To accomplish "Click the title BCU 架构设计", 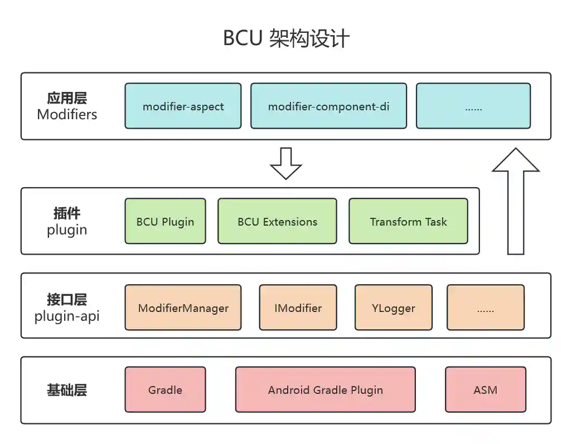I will click(286, 38).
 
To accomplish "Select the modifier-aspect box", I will click(183, 106).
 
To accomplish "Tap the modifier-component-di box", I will click(328, 106).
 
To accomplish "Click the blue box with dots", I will click(473, 106).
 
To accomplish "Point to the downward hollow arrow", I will click(285, 163).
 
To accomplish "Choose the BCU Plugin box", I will click(165, 221).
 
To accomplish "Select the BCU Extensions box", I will click(277, 221).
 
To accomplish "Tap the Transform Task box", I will click(408, 221).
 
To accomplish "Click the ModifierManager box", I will click(183, 308).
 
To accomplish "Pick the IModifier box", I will click(298, 308).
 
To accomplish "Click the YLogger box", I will click(394, 308).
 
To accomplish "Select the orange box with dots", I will click(486, 308).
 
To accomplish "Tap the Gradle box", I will click(165, 389).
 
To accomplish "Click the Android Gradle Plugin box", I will click(325, 389).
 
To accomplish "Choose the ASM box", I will click(485, 389).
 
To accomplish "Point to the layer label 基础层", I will click(67, 390).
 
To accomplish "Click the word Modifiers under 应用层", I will click(67, 115).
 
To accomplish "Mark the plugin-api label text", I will click(67, 316).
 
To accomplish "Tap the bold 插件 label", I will click(67, 213).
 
